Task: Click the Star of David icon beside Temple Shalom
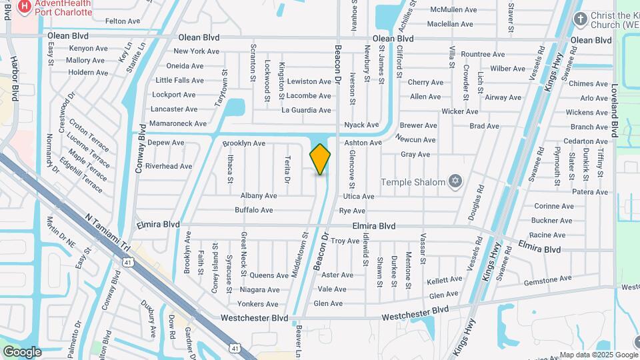pyautogui.click(x=457, y=181)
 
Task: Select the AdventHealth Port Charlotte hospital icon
pyautogui.click(x=25, y=7)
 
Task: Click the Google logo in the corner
pyautogui.click(x=21, y=351)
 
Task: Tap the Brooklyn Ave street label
pyautogui.click(x=244, y=143)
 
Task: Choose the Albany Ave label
pyautogui.click(x=259, y=196)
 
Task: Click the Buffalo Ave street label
pyautogui.click(x=254, y=210)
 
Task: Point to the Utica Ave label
pyautogui.click(x=359, y=197)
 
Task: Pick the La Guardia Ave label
pyautogui.click(x=307, y=111)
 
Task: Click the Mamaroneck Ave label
pyautogui.click(x=178, y=124)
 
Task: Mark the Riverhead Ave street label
pyautogui.click(x=169, y=166)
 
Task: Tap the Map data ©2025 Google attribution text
pyautogui.click(x=598, y=355)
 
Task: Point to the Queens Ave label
pyautogui.click(x=269, y=275)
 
